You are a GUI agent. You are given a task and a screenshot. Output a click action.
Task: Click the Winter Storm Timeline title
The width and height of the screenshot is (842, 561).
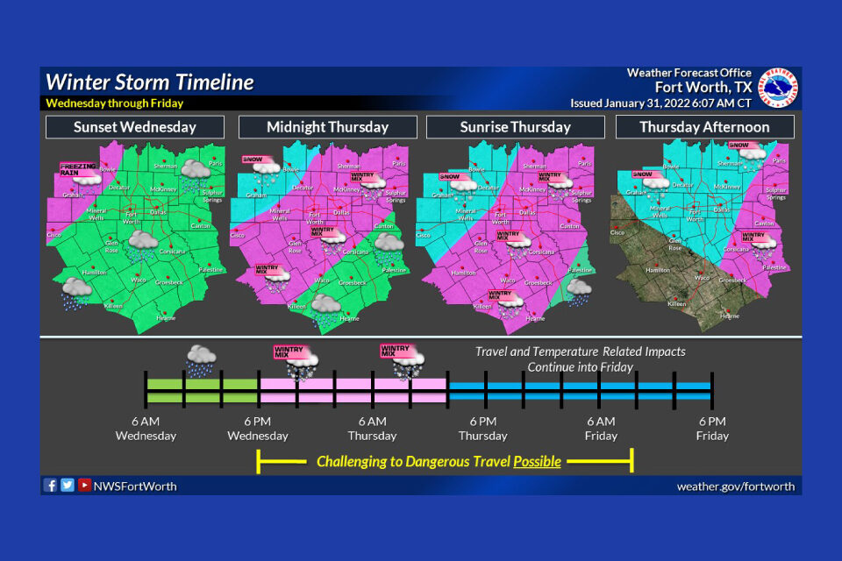tap(150, 82)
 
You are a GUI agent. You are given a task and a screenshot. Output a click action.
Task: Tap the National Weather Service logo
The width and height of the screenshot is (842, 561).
tap(778, 88)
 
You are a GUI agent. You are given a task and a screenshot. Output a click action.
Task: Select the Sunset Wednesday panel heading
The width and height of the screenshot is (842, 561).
tap(134, 127)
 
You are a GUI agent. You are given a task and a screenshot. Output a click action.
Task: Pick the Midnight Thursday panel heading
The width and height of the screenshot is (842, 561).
tap(327, 127)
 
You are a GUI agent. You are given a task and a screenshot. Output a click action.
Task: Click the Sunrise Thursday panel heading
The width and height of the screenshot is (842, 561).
tap(515, 127)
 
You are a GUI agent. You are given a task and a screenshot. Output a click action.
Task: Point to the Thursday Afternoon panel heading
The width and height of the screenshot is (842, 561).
tap(704, 127)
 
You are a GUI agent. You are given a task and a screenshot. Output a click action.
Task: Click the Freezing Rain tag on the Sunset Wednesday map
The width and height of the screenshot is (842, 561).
tap(77, 169)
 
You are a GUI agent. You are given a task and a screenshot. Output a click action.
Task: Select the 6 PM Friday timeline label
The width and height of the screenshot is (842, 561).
tap(711, 429)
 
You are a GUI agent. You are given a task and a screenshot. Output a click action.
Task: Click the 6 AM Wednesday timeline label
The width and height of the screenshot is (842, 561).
tap(146, 429)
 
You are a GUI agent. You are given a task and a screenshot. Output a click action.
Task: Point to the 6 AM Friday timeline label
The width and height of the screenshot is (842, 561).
tap(601, 429)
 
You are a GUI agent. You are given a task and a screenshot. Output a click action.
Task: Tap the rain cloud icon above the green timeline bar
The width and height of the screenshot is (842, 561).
tap(201, 360)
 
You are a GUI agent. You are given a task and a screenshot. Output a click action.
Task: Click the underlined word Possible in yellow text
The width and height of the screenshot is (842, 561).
tap(537, 461)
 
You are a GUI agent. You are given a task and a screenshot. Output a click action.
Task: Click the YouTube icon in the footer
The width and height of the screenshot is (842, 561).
tap(84, 485)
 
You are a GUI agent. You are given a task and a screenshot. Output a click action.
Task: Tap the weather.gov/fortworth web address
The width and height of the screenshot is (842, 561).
tap(738, 486)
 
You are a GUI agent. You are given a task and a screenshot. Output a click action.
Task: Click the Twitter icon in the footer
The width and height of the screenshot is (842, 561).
tap(68, 485)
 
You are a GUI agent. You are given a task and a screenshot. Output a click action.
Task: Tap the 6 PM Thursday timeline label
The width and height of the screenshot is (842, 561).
tap(482, 429)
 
